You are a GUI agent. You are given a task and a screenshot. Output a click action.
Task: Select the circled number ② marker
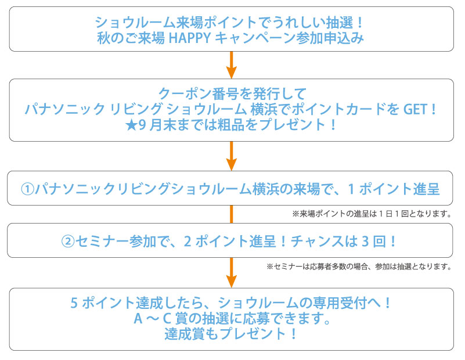click(68, 240)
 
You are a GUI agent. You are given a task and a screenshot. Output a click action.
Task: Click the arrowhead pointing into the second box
click(231, 72)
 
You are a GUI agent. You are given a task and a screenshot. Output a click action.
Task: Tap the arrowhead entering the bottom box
click(231, 281)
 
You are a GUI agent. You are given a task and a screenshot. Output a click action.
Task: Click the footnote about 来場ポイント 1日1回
click(372, 214)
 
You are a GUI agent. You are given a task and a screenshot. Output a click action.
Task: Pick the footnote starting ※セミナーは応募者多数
click(359, 267)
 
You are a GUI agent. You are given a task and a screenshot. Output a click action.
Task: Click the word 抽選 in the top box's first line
click(339, 23)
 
